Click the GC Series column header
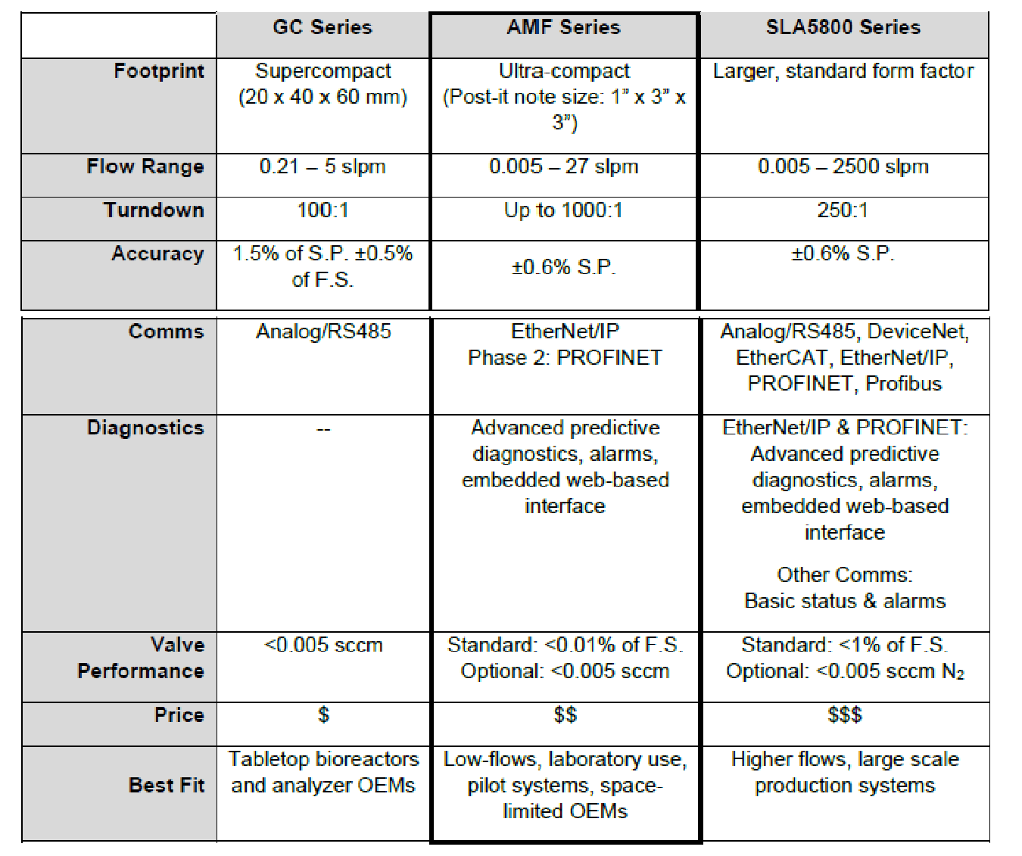coord(322,27)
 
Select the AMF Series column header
coord(563,27)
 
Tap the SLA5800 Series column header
coord(843,27)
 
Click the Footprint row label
coord(159,71)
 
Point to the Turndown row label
coord(154,210)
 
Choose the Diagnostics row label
coord(145,428)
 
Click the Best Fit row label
coord(167,785)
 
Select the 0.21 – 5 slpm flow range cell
coord(322,167)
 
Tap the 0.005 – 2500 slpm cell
coord(843,167)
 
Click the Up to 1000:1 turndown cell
coord(563,210)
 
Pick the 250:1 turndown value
coord(843,210)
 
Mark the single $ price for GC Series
coord(323,715)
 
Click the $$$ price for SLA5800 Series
coord(845,715)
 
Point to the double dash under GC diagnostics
coord(323,430)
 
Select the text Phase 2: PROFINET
coord(565,358)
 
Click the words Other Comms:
coord(845,574)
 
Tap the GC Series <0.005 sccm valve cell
coord(323,645)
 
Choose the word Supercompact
coord(323,71)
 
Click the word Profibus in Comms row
coord(904,384)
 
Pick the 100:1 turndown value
coord(323,210)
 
